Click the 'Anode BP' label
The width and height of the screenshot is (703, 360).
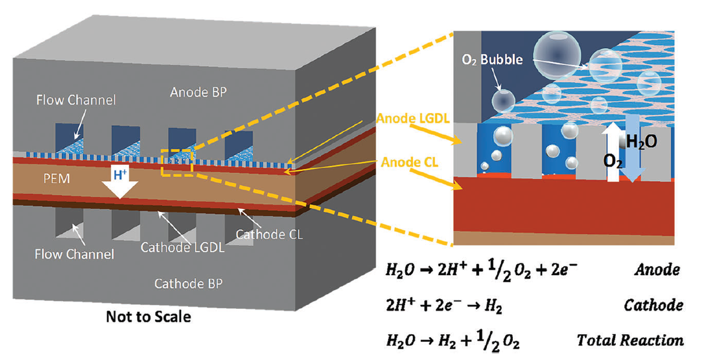(197, 93)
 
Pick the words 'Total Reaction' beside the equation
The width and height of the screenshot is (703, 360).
(630, 341)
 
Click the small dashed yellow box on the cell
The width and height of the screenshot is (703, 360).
(176, 163)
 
